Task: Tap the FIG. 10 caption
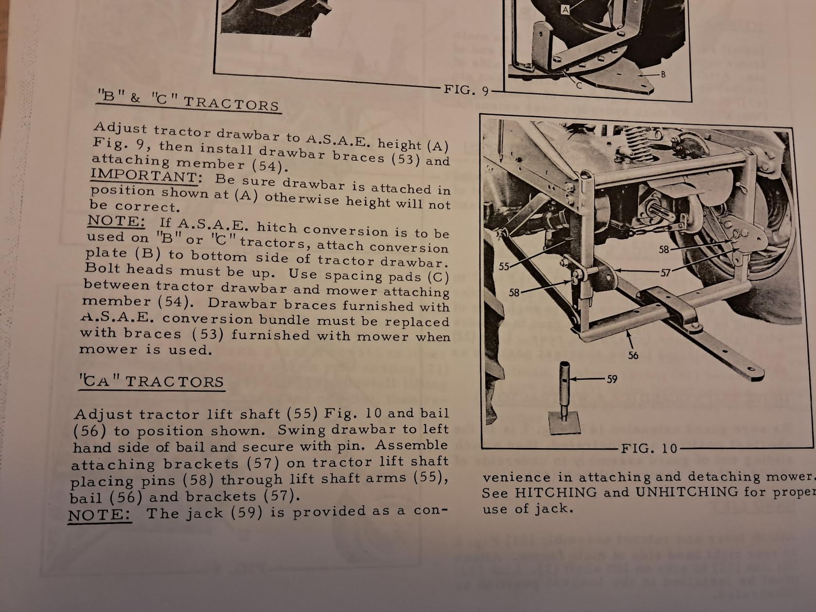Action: click(650, 448)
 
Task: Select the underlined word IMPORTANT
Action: click(144, 176)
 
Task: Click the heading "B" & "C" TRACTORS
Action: click(188, 101)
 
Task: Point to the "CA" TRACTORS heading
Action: click(152, 381)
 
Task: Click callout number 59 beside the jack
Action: click(612, 379)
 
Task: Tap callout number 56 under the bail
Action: click(633, 356)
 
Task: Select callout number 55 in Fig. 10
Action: click(504, 267)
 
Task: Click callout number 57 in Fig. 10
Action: click(665, 273)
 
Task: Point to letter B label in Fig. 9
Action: click(663, 74)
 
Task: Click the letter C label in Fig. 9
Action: click(579, 86)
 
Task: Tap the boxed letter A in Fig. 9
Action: click(566, 10)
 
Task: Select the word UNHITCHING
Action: click(687, 492)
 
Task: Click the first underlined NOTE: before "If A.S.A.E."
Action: click(116, 221)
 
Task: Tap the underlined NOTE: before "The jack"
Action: click(100, 515)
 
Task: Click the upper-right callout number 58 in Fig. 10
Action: click(664, 250)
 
